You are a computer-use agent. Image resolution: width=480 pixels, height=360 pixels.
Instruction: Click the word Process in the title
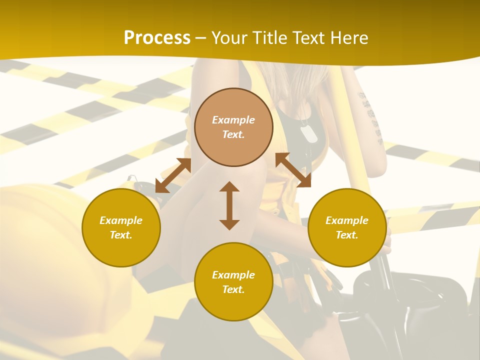(157, 38)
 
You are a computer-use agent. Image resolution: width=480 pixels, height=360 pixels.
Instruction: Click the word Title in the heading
(270, 38)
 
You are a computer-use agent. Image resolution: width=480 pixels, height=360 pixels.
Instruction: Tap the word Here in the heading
(349, 38)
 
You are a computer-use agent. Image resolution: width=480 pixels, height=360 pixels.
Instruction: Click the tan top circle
(233, 127)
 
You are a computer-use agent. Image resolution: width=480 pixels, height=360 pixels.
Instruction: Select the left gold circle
(121, 227)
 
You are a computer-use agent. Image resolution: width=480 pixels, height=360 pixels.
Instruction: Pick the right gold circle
(347, 227)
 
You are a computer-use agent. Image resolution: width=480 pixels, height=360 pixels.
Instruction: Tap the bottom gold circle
(233, 282)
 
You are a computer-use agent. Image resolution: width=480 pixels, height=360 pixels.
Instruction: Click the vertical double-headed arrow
(229, 205)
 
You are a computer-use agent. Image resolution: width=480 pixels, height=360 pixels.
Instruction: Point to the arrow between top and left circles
(173, 175)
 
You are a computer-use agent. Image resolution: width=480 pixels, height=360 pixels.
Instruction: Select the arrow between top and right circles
(293, 170)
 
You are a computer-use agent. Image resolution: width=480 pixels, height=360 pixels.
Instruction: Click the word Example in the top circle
(233, 120)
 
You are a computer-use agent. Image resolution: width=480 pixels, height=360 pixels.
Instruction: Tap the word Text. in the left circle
(121, 235)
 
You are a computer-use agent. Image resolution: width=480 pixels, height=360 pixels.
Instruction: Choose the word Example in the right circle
(347, 220)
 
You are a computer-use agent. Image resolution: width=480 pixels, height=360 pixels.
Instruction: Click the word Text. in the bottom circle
(233, 289)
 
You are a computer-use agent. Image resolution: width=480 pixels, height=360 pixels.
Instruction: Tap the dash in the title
(201, 38)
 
